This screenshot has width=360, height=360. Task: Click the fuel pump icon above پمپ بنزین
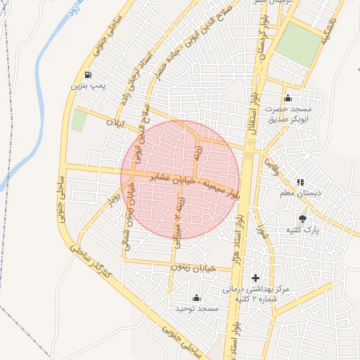[x=87, y=75]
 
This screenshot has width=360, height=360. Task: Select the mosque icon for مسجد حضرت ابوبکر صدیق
[x=288, y=98]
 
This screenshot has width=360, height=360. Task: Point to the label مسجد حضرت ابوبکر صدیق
[x=288, y=114]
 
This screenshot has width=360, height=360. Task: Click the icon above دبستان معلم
[x=300, y=182]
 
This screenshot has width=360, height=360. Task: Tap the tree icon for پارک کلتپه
[x=302, y=219]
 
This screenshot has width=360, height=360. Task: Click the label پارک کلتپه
[x=302, y=230]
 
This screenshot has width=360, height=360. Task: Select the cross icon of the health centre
[x=255, y=278]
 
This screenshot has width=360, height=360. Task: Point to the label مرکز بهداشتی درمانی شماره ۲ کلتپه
[x=256, y=294]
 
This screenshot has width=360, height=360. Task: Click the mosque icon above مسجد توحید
[x=195, y=298]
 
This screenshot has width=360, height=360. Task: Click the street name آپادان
[x=114, y=122]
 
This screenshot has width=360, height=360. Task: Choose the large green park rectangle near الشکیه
[x=297, y=45]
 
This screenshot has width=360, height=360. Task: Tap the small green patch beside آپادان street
[x=79, y=120]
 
